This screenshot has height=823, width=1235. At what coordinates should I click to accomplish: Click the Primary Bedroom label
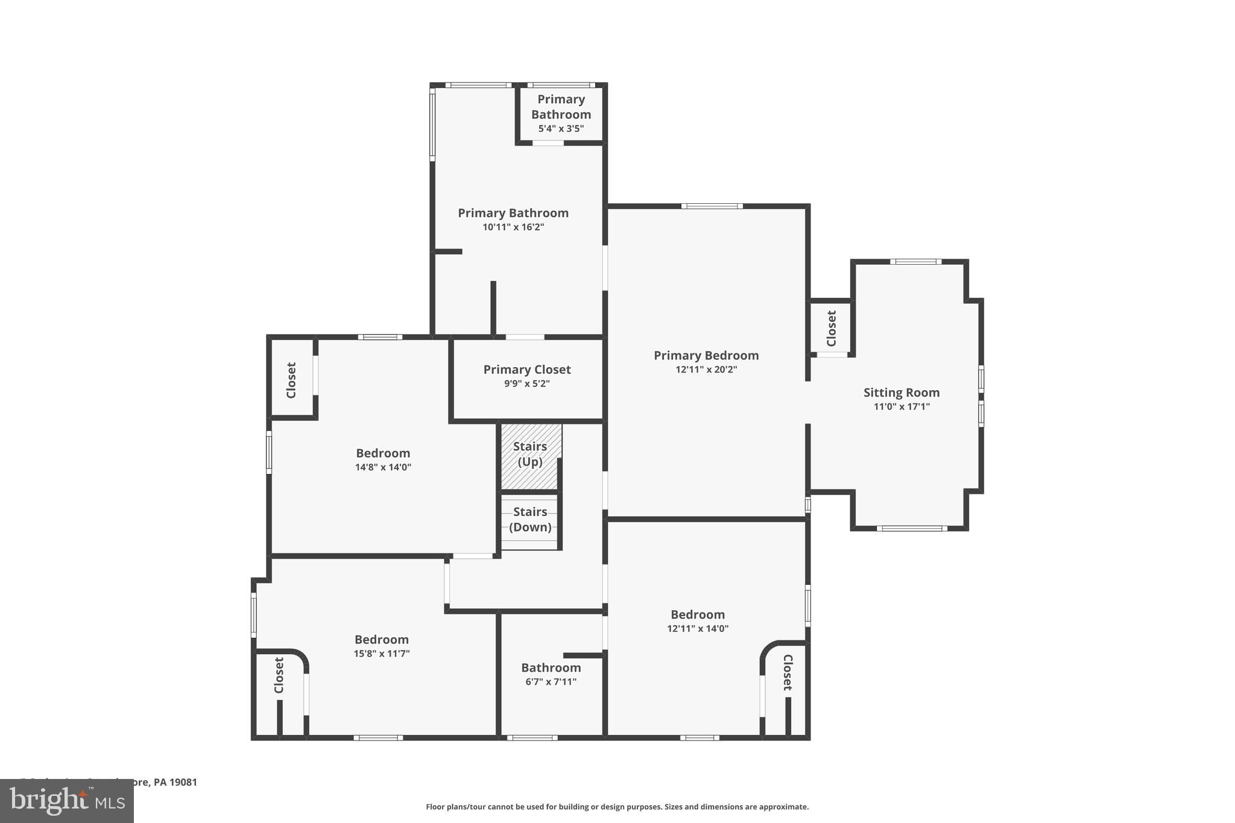coord(706,356)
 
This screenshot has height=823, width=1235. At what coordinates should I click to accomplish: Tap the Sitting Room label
coord(902,393)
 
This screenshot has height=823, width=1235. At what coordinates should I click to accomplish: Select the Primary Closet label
coord(527,370)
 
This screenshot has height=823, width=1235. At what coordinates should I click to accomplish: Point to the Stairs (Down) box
coord(530,520)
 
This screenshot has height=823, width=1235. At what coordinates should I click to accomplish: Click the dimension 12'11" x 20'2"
coord(706,370)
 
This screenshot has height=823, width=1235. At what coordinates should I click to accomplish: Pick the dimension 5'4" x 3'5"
coord(561,128)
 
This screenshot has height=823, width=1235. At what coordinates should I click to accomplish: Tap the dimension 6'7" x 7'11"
coord(551,682)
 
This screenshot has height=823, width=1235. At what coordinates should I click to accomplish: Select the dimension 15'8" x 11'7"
coord(382,654)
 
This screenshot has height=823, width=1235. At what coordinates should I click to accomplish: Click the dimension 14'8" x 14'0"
coord(383,467)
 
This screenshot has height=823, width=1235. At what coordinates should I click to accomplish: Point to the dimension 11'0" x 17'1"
coord(902,407)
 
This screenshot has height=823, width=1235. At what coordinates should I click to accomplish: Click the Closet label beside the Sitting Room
coord(832,329)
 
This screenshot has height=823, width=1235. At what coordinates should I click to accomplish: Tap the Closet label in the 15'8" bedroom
coord(279,675)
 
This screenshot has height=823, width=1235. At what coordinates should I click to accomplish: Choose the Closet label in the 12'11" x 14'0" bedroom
coord(788,672)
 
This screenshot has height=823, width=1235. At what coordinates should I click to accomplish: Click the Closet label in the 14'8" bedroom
coord(291,380)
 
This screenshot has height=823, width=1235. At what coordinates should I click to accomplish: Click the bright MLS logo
coord(67,801)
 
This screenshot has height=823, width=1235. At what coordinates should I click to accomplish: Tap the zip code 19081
coord(182,783)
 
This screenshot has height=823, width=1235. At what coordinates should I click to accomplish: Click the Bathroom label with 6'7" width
coord(551,667)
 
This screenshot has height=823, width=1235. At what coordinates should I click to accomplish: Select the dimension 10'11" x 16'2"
coord(513,227)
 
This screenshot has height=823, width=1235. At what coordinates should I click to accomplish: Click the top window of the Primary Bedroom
coord(712,206)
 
